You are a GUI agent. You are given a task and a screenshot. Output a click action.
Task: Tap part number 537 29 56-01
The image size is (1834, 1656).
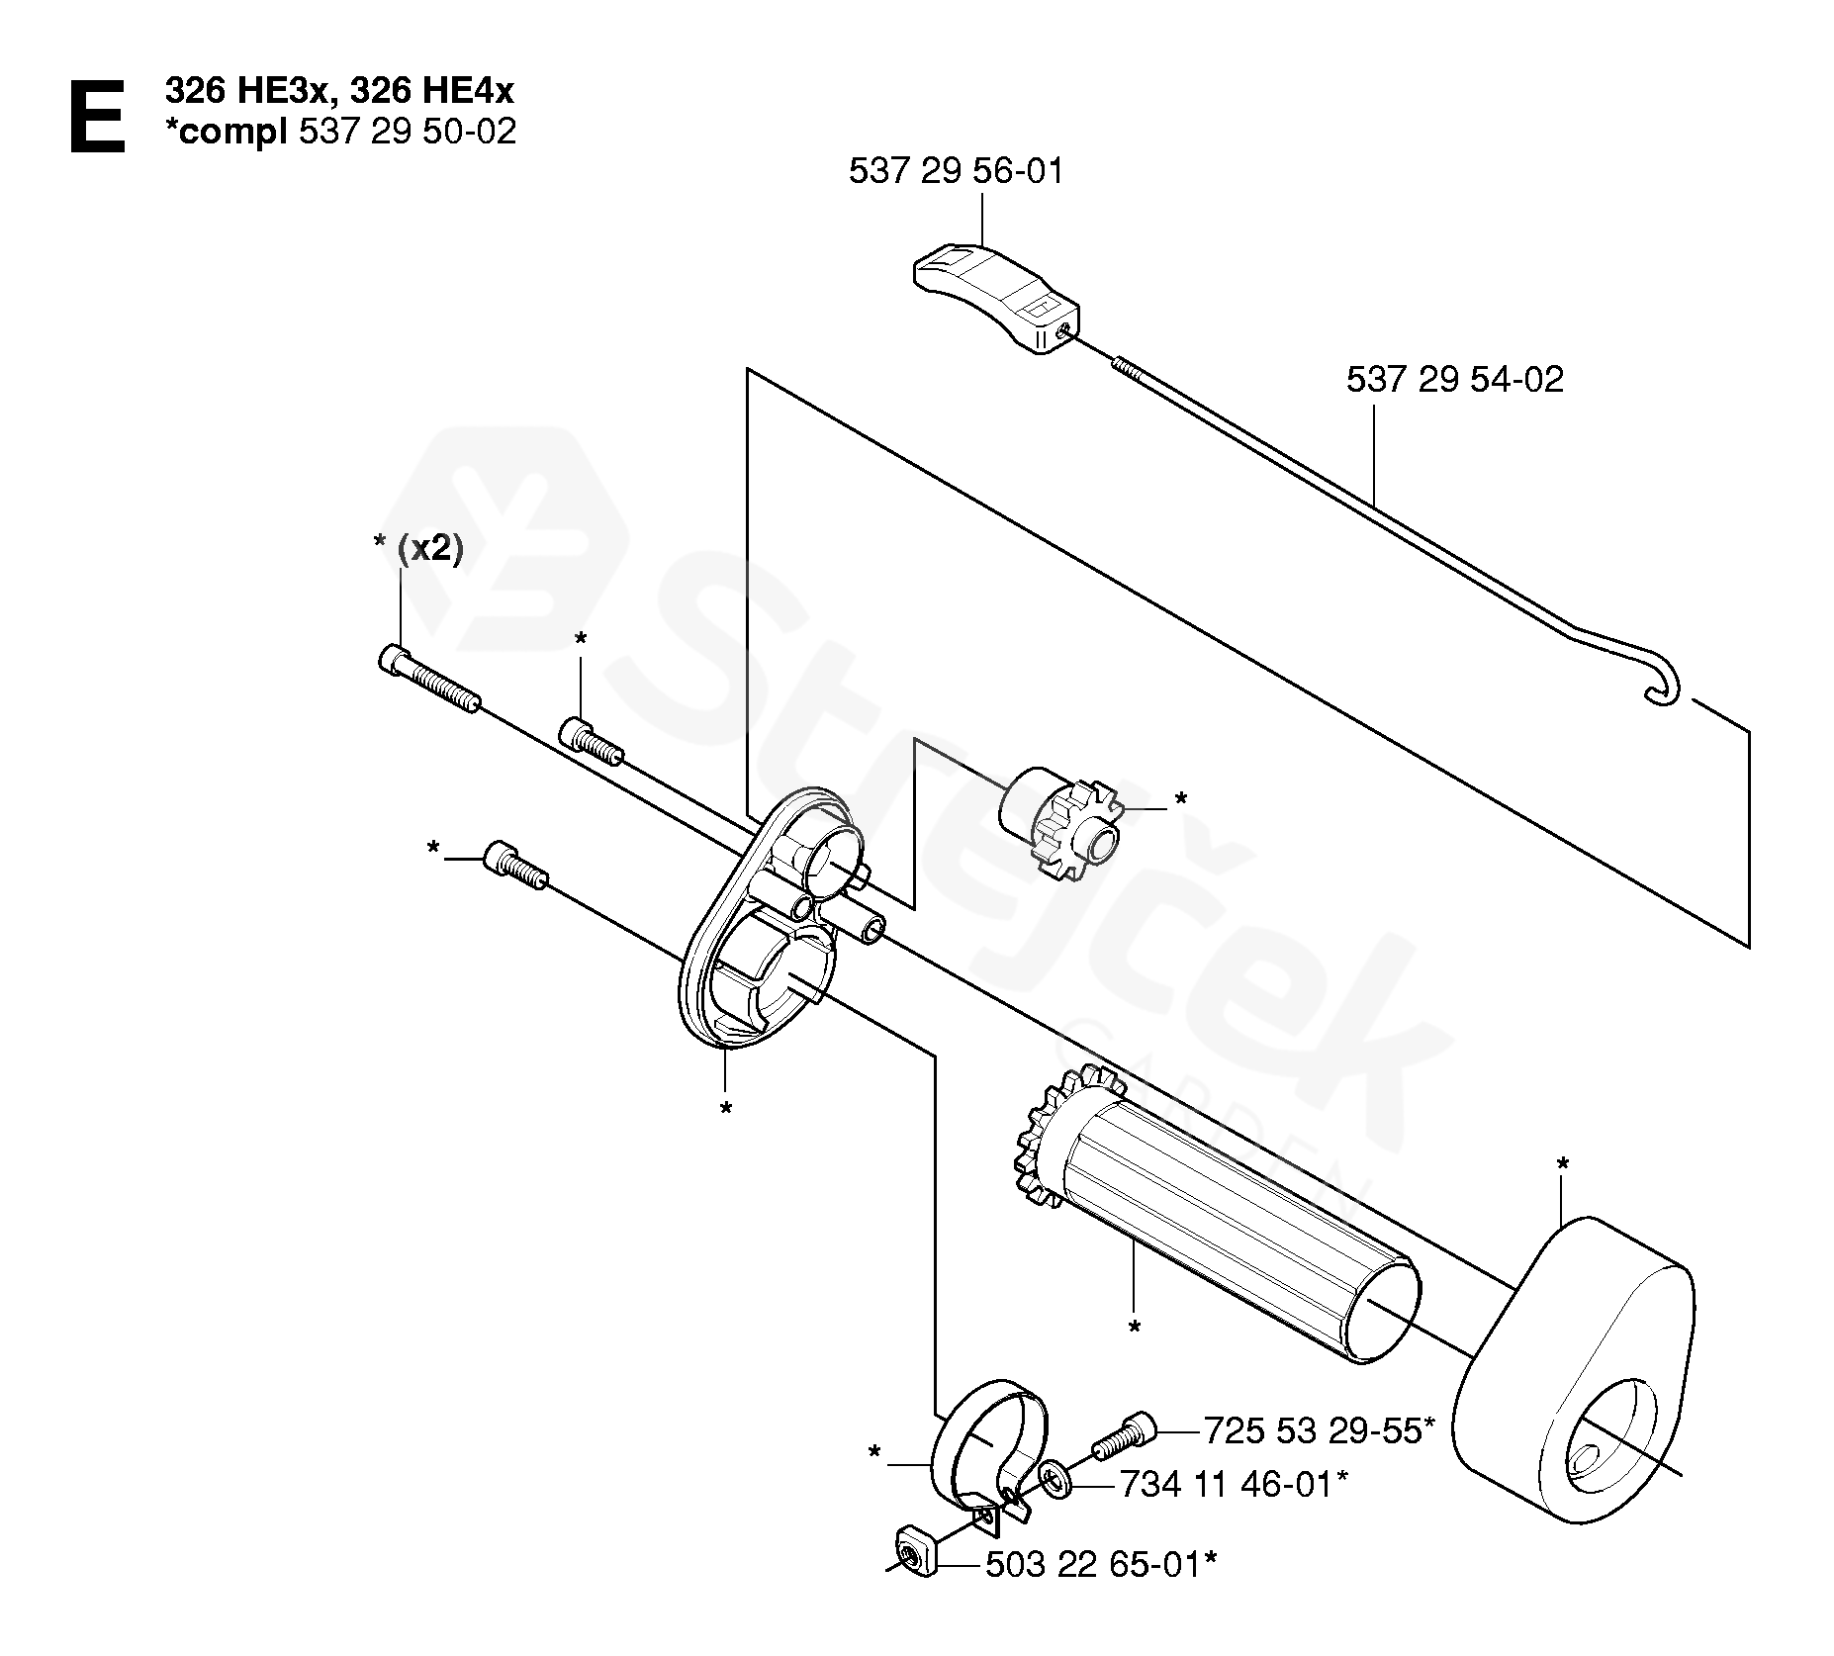956,172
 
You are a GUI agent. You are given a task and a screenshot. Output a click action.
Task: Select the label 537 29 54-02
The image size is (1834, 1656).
1454,380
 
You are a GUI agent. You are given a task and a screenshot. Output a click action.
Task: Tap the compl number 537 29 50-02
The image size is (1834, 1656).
407,133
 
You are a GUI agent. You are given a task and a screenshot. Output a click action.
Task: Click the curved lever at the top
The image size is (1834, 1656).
994,296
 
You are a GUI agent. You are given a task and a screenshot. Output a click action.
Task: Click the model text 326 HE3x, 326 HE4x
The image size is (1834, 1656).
339,91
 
